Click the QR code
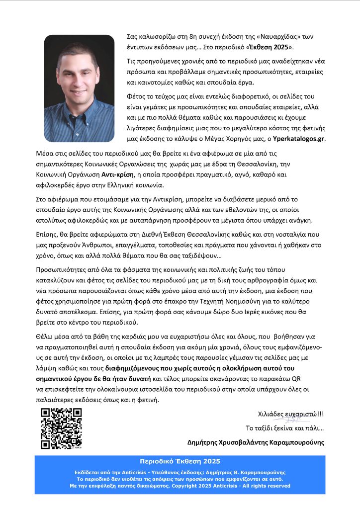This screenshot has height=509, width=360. tap(61, 428)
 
